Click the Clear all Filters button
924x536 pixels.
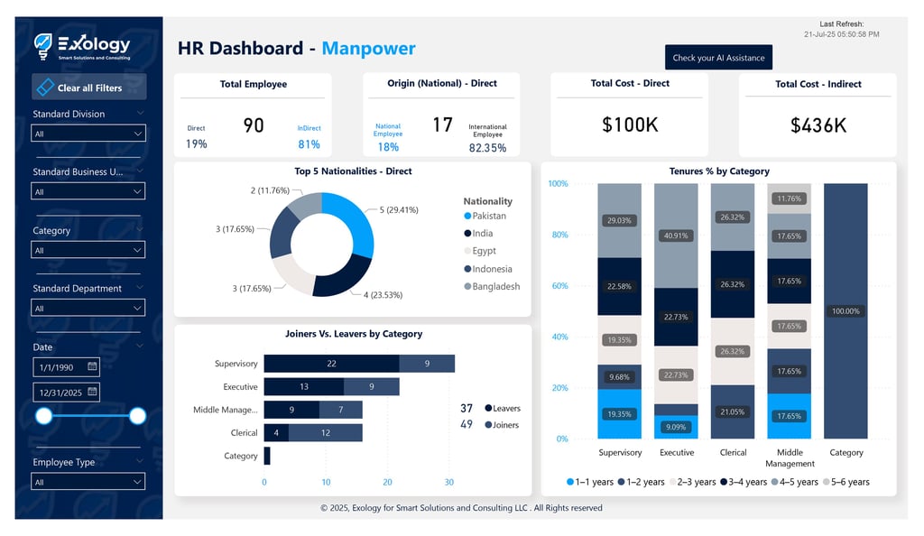pyautogui.click(x=88, y=88)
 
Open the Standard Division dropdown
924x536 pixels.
pyautogui.click(x=88, y=134)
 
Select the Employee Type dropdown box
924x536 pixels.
pyautogui.click(x=88, y=482)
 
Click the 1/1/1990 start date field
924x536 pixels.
pyautogui.click(x=60, y=367)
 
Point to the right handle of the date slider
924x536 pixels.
pyautogui.click(x=137, y=416)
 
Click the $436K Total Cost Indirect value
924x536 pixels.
pyautogui.click(x=818, y=125)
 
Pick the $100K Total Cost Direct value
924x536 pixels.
pyautogui.click(x=630, y=125)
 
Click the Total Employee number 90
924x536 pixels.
pyautogui.click(x=254, y=125)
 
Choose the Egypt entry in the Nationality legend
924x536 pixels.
pyautogui.click(x=484, y=251)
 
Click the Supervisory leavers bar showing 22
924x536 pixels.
pyautogui.click(x=331, y=364)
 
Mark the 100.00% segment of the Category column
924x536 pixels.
pyautogui.click(x=845, y=311)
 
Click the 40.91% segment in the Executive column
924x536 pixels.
pyautogui.click(x=676, y=236)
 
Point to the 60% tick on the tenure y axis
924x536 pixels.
pyautogui.click(x=559, y=286)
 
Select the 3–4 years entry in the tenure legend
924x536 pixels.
pyautogui.click(x=744, y=482)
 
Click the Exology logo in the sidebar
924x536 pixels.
pyautogui.click(x=83, y=45)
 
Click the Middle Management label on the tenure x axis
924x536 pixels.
pyautogui.click(x=790, y=457)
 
